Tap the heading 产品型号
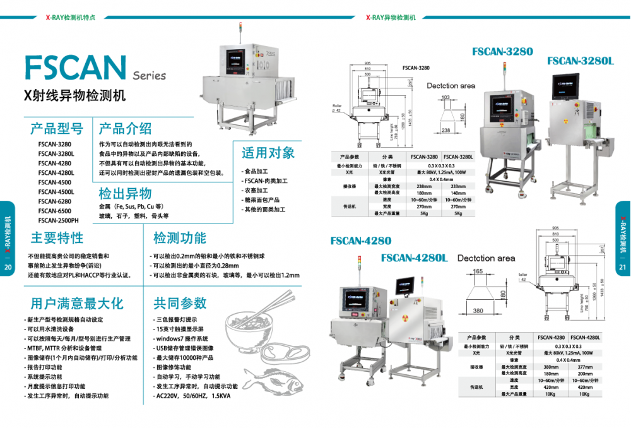(x=57, y=129)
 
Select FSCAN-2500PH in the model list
(x=58, y=220)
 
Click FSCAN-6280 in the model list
(x=54, y=201)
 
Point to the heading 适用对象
(x=268, y=153)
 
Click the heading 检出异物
(x=125, y=193)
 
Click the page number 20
(x=8, y=267)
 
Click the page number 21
(x=622, y=267)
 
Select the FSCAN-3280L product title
(x=580, y=61)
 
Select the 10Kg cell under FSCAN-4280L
(x=584, y=394)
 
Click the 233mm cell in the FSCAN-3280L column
(x=458, y=186)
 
